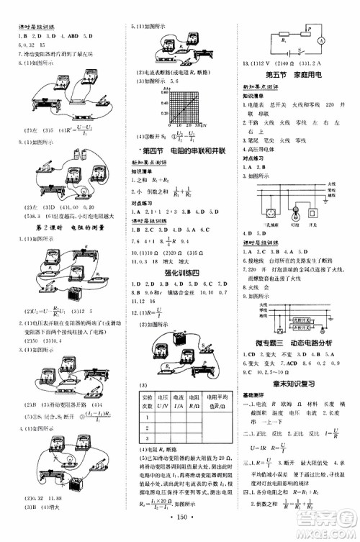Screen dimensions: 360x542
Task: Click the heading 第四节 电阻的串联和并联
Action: coord(179,130)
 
